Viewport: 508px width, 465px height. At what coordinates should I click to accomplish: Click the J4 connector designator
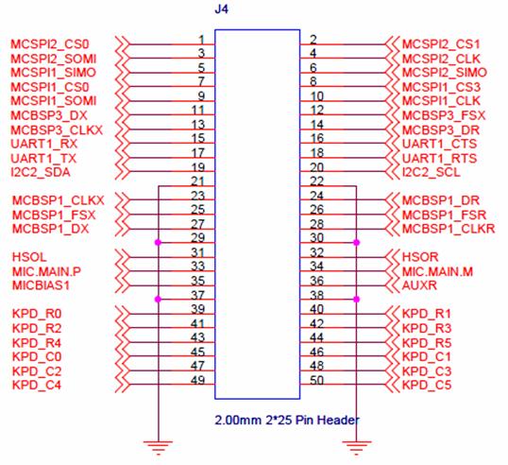[x=221, y=9]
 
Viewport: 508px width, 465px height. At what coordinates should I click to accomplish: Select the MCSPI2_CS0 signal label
[x=50, y=44]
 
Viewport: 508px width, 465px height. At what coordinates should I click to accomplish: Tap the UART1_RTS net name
[x=439, y=158]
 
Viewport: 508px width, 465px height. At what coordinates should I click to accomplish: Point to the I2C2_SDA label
[x=41, y=172]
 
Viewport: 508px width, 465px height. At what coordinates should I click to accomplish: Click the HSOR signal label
[x=420, y=257]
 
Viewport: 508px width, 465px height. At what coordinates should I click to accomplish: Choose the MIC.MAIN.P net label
[x=46, y=271]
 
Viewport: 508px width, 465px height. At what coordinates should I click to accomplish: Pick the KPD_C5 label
[x=427, y=385]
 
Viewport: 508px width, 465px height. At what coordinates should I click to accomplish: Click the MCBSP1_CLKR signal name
[x=449, y=229]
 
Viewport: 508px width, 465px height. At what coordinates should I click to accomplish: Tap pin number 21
[x=197, y=181]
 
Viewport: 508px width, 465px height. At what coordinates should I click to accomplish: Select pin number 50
[x=317, y=380]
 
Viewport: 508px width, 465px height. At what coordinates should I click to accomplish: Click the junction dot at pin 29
[x=158, y=242]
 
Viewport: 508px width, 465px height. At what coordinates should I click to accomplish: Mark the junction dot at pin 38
[x=356, y=299]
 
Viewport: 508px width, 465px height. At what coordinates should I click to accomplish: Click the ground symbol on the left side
[x=158, y=447]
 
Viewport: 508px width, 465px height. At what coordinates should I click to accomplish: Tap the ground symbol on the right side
[x=356, y=447]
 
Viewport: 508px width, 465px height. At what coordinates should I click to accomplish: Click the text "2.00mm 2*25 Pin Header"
[x=287, y=421]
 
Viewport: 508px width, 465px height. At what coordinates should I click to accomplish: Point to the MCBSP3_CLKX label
[x=57, y=130]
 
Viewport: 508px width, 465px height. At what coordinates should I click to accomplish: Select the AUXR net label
[x=419, y=285]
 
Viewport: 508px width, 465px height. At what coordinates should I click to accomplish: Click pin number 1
[x=201, y=40]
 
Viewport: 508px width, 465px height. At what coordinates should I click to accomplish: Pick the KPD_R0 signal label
[x=37, y=314]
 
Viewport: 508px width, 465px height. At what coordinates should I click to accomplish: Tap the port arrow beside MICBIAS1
[x=123, y=285]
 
